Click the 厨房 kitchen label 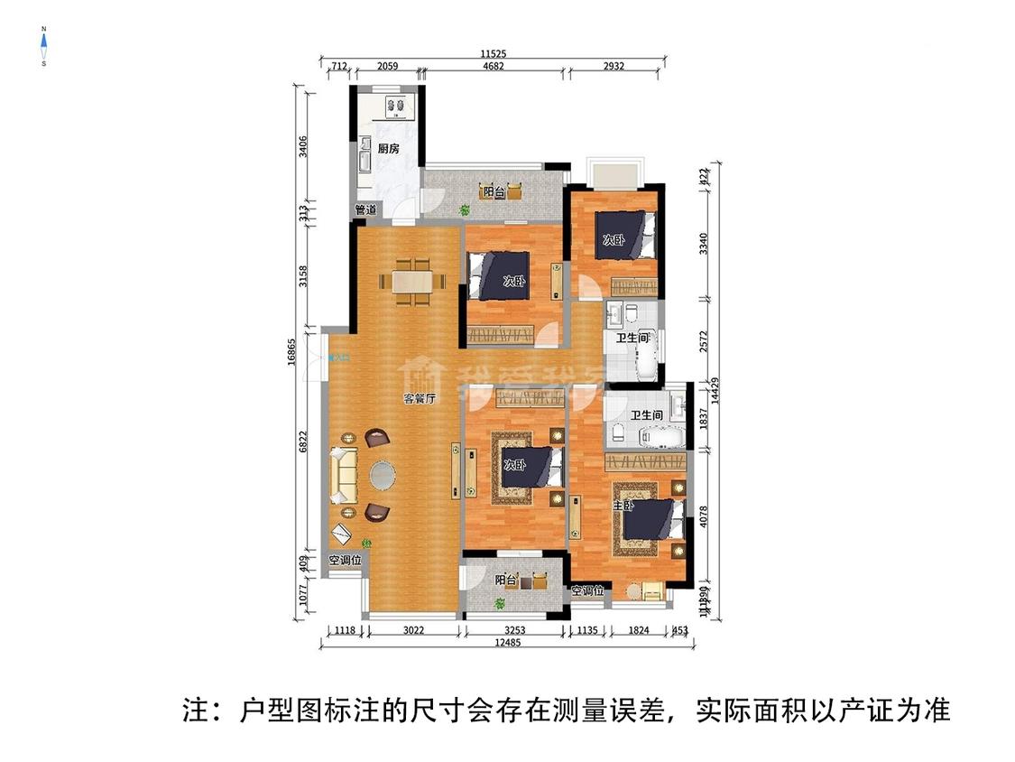coord(389,149)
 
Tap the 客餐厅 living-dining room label coord(420,398)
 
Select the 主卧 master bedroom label coord(623,506)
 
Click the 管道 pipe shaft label coord(365,209)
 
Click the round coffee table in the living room coord(383,475)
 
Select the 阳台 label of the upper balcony coord(493,192)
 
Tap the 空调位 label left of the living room coord(345,561)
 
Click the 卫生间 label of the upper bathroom coord(632,339)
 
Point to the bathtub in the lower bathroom coord(663,438)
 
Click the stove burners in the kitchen coord(394,107)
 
